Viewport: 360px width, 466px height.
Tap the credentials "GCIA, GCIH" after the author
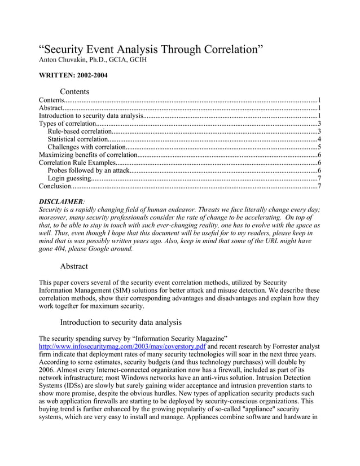click(129, 59)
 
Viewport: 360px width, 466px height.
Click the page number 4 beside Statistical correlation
click(319, 139)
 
